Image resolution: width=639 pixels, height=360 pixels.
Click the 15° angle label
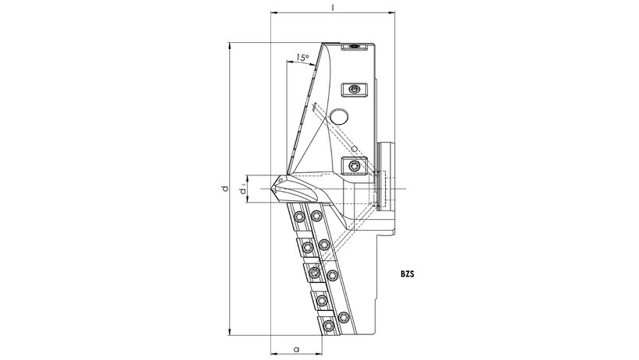point(302,58)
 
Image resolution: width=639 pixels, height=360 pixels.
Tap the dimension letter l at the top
point(333,6)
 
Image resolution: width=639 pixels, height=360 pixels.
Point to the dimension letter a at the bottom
point(296,349)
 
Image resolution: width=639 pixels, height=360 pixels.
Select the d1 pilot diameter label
point(243,189)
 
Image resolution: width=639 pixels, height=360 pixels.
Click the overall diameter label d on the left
point(224,189)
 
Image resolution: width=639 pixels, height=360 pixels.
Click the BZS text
point(407,274)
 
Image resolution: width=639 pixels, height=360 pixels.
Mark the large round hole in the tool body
point(339,117)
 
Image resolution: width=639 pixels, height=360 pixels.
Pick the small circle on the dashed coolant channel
point(355,148)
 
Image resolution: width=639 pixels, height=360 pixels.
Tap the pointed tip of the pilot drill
point(272,189)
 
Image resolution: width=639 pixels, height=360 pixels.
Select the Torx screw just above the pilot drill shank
point(354,166)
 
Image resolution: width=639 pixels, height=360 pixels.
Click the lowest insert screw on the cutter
point(328,326)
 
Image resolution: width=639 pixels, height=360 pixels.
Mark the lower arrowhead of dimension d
point(230,332)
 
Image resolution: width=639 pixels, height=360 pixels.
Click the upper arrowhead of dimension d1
point(247,178)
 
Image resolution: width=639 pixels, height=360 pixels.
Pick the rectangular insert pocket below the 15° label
point(354,90)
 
